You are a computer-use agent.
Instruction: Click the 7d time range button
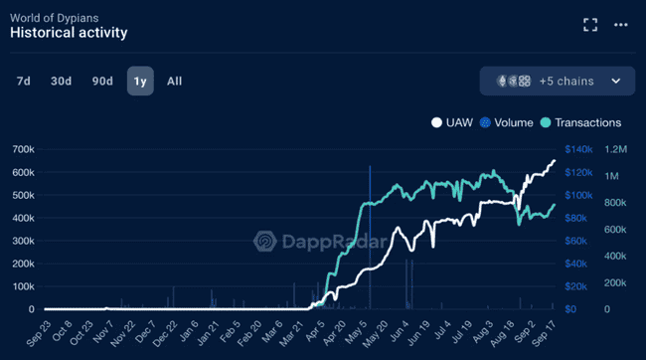click(x=23, y=82)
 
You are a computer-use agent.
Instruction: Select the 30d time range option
click(x=62, y=82)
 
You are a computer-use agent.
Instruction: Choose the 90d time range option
click(x=102, y=82)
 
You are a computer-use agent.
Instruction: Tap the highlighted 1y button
click(x=139, y=82)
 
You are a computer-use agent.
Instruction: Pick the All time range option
click(x=175, y=82)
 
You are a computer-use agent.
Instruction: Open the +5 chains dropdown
click(x=557, y=82)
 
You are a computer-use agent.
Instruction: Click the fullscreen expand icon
click(x=590, y=24)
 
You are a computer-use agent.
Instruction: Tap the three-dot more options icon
click(x=620, y=24)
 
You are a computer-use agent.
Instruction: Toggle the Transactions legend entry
click(x=580, y=123)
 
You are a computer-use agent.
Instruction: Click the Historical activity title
click(x=69, y=32)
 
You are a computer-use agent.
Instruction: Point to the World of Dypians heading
click(x=54, y=14)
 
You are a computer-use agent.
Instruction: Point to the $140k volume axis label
click(x=579, y=149)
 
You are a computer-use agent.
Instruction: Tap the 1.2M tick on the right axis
click(x=616, y=149)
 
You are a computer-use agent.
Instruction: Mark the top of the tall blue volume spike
click(x=370, y=167)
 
